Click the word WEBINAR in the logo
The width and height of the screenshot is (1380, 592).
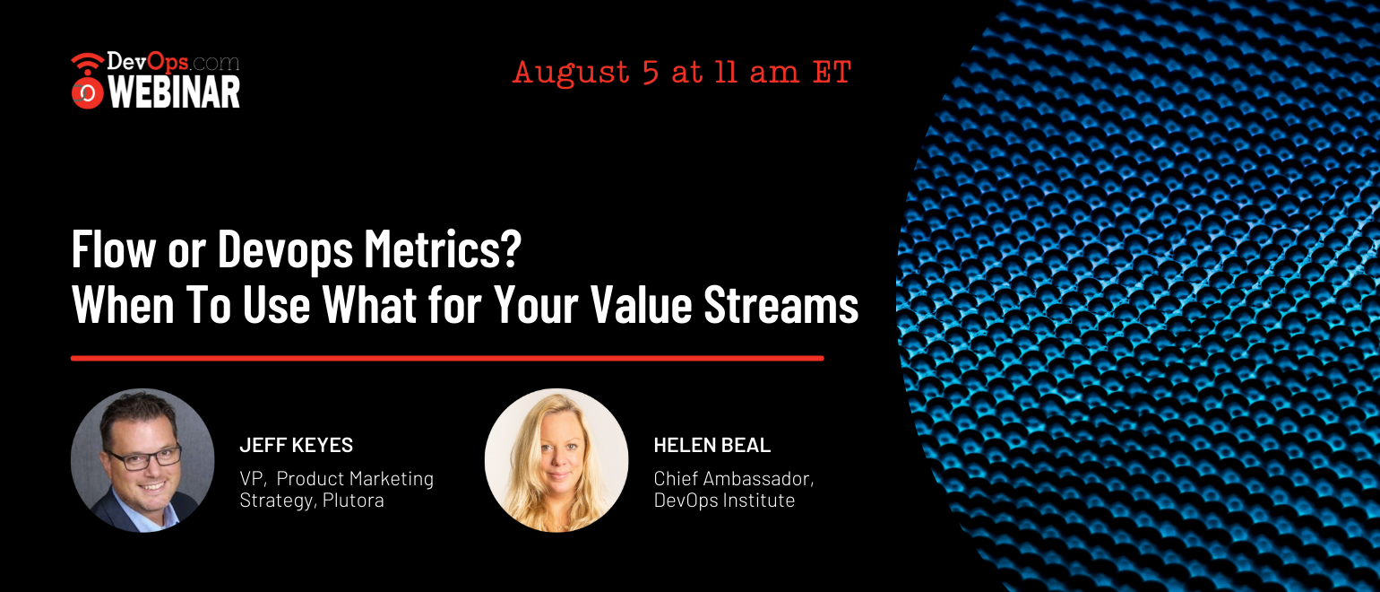click(174, 92)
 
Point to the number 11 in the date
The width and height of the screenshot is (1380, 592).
click(726, 72)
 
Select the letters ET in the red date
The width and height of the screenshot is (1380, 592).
click(832, 72)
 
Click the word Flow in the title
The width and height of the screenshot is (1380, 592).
click(113, 248)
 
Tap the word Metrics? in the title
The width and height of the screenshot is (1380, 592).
click(443, 248)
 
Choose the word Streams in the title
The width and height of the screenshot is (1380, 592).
click(781, 304)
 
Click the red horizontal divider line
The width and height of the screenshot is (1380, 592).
click(447, 358)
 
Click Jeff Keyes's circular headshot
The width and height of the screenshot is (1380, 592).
click(142, 460)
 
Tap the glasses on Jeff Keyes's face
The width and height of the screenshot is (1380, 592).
click(144, 457)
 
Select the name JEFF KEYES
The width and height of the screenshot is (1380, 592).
click(297, 445)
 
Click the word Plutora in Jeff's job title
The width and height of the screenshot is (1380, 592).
click(353, 501)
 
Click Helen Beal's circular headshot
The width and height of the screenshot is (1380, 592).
click(556, 460)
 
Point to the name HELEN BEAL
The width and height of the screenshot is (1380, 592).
click(712, 445)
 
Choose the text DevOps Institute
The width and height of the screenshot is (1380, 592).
click(724, 501)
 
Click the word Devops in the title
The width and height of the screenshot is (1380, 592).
click(285, 249)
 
